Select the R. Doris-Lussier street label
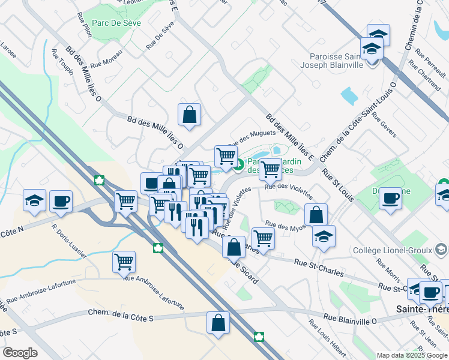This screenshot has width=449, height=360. pos(68,245)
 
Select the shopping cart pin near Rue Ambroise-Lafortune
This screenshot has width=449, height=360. pos(124,261)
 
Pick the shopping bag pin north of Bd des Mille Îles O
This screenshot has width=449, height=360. pos(189,114)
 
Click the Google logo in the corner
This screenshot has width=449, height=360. pos(19,353)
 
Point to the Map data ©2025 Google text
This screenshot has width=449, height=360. pos(412,355)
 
